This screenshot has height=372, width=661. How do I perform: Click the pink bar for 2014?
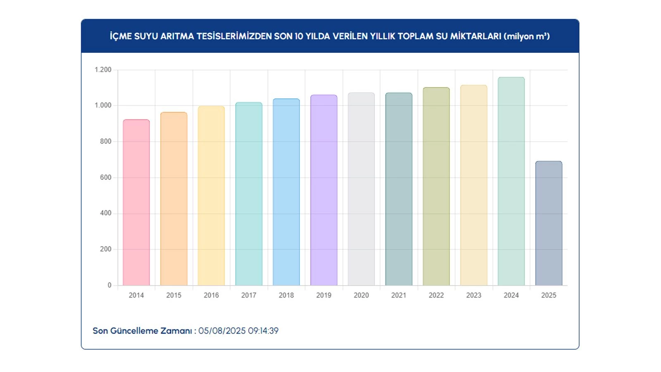coord(136,203)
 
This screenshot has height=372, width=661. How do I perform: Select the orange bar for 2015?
coord(174,199)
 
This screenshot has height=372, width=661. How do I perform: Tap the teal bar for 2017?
coord(249,194)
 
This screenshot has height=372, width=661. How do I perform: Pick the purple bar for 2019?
coord(324,190)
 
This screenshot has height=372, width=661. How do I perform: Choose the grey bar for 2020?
coord(361,189)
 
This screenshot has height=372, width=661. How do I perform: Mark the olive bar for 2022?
coord(436,186)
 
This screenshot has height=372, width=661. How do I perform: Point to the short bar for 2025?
coord(549,223)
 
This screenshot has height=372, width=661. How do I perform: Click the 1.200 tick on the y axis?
coord(103,70)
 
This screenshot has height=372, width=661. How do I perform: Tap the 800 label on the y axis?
coord(106,141)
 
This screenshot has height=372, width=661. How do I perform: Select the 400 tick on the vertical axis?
coord(106,213)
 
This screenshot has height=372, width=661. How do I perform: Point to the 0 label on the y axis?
coord(109,285)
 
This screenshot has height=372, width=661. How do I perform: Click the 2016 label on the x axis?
coord(211,295)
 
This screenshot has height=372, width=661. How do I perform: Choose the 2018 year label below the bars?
coord(286,295)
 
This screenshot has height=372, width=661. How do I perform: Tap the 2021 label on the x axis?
coord(399,295)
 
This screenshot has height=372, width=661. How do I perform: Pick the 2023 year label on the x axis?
coord(474,295)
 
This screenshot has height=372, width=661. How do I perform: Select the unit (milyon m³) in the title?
coord(527,36)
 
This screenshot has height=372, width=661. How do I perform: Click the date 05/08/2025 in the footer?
coord(222,331)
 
